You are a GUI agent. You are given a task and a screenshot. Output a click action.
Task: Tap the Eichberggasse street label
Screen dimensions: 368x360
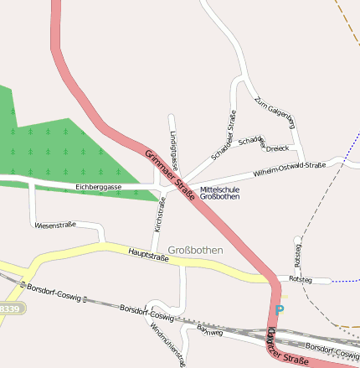pos(98,187)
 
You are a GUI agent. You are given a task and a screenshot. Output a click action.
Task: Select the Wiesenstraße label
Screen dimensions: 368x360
pos(55,225)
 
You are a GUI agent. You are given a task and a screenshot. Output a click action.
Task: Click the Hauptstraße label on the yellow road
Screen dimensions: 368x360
pos(148,254)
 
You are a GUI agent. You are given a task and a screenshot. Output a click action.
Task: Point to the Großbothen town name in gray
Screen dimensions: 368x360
pos(195,250)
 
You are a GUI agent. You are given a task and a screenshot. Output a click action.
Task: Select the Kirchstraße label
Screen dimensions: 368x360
pos(160,215)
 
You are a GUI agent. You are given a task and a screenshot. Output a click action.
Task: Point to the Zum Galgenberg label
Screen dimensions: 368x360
pos(275,111)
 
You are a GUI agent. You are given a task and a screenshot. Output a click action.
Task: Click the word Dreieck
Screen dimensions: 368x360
pos(277,148)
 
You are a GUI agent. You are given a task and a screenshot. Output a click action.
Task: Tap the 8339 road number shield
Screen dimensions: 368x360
pos(10,308)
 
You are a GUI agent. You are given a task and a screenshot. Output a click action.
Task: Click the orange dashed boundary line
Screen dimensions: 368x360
pos(347,21)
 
